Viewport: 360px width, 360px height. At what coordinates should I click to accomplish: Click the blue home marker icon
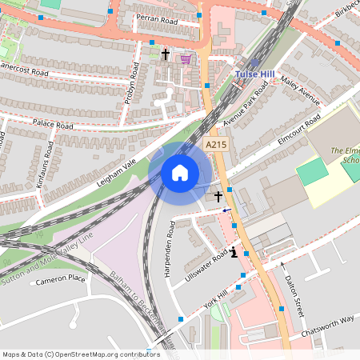pos(180,173)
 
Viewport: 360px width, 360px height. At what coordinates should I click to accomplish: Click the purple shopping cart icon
pos(186,58)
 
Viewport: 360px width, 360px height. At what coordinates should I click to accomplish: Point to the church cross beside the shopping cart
pos(166,55)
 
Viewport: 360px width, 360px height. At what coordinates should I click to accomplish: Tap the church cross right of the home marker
pos(218,195)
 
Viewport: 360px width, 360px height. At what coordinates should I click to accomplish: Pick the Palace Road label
pos(53,125)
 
